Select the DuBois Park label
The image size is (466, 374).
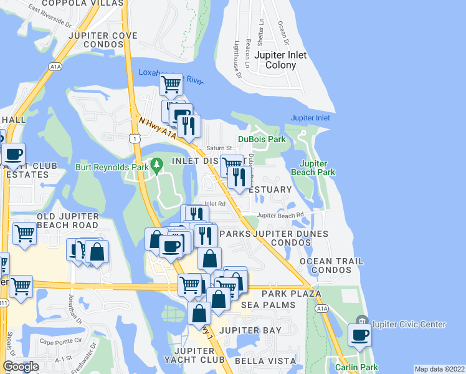[261, 139]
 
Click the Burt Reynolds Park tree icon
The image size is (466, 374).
[158, 164]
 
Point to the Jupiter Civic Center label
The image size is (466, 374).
[408, 324]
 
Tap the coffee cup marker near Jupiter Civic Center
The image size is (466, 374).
[359, 335]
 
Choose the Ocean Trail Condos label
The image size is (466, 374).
[330, 266]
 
